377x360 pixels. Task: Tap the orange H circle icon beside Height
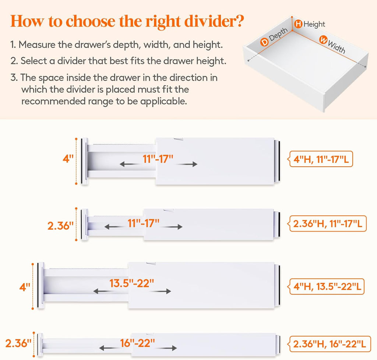pyautogui.click(x=298, y=24)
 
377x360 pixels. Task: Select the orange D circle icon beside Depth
pyautogui.click(x=264, y=42)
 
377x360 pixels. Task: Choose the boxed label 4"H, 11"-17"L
pyautogui.click(x=323, y=159)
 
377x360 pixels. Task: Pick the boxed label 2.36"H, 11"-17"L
pyautogui.click(x=328, y=223)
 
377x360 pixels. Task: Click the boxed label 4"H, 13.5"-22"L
pyautogui.click(x=327, y=286)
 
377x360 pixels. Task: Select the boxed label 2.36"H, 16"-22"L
pyautogui.click(x=329, y=344)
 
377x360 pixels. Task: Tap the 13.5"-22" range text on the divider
pyautogui.click(x=131, y=283)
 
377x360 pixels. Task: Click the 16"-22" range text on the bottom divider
pyautogui.click(x=137, y=343)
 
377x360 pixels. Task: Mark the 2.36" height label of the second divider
pyautogui.click(x=61, y=225)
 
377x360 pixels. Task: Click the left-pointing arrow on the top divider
pyautogui.click(x=128, y=165)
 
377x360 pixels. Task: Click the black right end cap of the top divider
pyautogui.click(x=277, y=161)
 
